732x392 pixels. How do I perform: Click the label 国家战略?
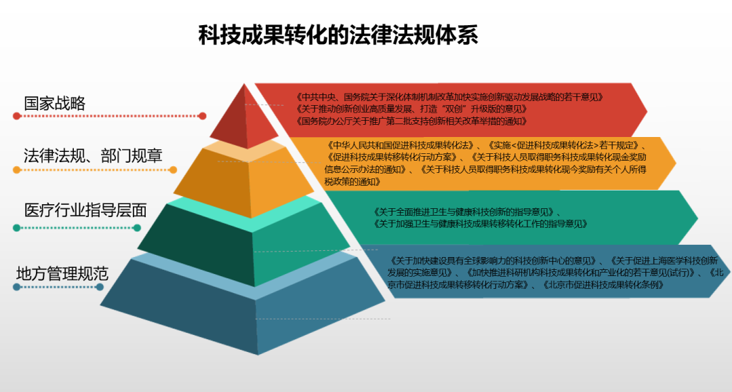click(x=55, y=104)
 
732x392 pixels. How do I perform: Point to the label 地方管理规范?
click(x=62, y=273)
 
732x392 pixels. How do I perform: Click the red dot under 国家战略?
click(x=17, y=116)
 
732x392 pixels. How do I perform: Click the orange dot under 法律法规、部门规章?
click(x=17, y=170)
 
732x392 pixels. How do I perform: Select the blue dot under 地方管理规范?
click(x=17, y=287)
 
